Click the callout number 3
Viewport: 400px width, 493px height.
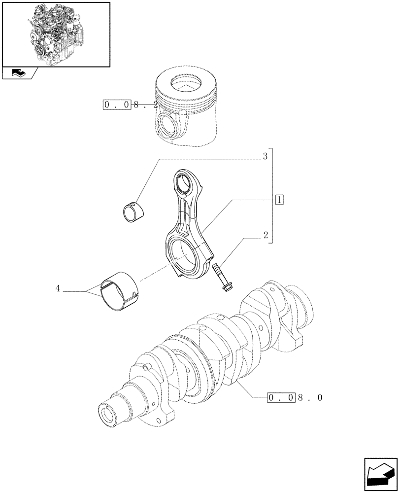(265, 157)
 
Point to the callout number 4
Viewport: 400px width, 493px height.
(58, 289)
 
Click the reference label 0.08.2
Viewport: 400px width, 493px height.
(124, 105)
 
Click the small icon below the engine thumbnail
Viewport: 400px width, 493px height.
(19, 73)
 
